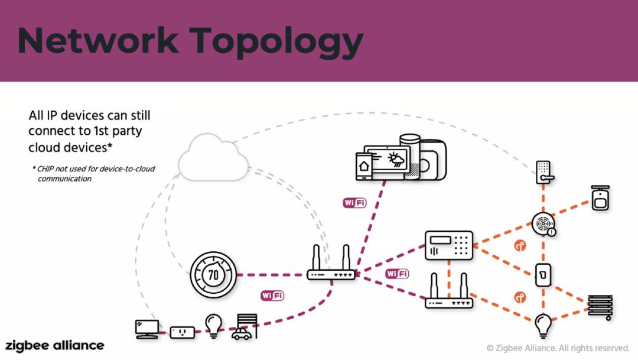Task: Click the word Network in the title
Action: pyautogui.click(x=98, y=40)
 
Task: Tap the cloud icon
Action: pyautogui.click(x=214, y=158)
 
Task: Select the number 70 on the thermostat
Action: pyautogui.click(x=213, y=275)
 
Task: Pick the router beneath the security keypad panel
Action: pyautogui.click(x=449, y=291)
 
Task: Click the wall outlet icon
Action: pyautogui.click(x=182, y=332)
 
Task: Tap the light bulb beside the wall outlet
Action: pyautogui.click(x=214, y=326)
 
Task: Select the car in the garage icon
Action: pyautogui.click(x=242, y=335)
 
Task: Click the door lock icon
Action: pyautogui.click(x=545, y=172)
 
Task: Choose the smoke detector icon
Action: pyautogui.click(x=544, y=225)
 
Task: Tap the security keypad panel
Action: pyautogui.click(x=449, y=245)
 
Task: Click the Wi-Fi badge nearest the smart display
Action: pyautogui.click(x=354, y=203)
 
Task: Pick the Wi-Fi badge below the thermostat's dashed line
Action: pyautogui.click(x=272, y=296)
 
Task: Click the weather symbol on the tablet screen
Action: pyautogui.click(x=396, y=159)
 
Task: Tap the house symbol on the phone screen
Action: pyautogui.click(x=364, y=166)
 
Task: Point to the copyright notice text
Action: pyautogui.click(x=558, y=348)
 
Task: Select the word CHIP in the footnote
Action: pyautogui.click(x=45, y=169)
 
